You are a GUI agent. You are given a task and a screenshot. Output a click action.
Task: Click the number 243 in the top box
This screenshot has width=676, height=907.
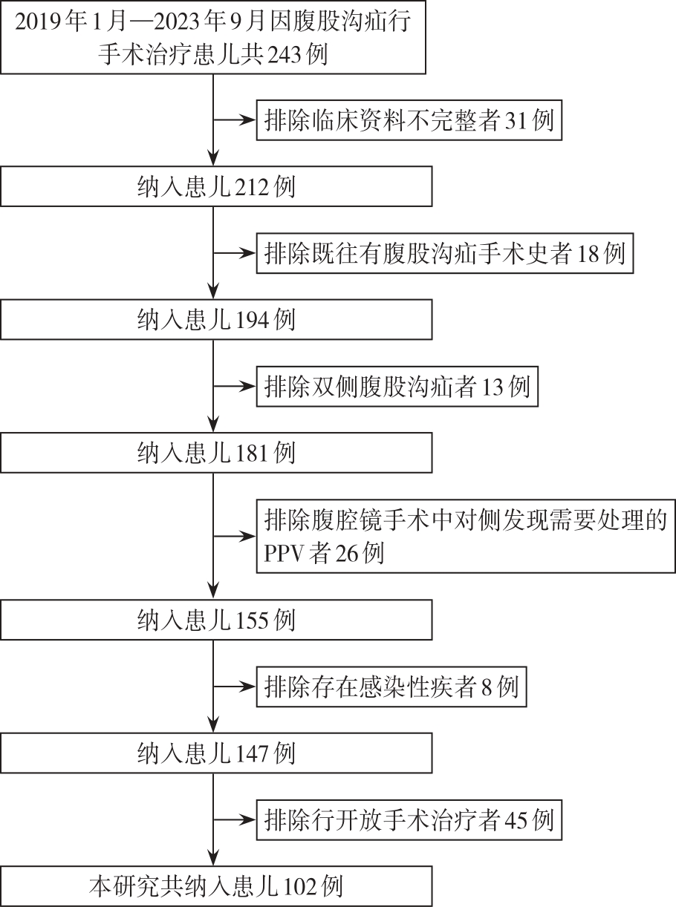(x=284, y=54)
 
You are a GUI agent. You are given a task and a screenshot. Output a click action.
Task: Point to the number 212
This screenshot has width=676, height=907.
(x=253, y=186)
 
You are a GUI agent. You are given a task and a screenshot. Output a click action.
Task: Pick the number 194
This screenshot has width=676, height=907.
(x=253, y=319)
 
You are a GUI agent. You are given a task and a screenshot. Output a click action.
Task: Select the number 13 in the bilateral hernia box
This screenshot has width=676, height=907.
(x=493, y=387)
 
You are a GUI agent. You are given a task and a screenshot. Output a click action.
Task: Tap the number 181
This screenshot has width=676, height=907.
(x=253, y=453)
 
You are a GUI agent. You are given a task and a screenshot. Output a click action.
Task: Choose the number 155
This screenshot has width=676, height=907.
(x=253, y=620)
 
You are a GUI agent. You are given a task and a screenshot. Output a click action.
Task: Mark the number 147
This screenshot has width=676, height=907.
(x=253, y=753)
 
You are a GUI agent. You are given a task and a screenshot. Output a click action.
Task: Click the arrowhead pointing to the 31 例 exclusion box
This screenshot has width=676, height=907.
(x=248, y=120)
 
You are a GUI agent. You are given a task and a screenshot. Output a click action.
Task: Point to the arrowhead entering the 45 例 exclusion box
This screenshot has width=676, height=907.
(x=248, y=820)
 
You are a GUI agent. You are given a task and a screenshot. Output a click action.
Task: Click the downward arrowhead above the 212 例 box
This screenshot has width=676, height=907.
(x=213, y=157)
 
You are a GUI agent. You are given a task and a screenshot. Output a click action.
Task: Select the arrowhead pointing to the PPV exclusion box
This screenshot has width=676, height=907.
(x=248, y=536)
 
